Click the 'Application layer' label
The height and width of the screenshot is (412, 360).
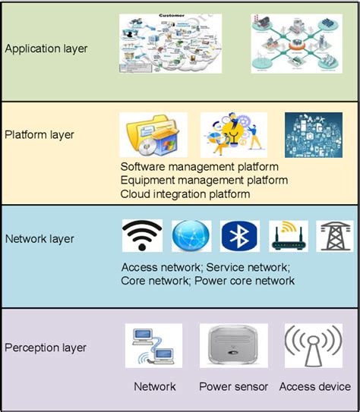(46, 49)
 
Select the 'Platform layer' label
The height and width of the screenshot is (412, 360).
(39, 135)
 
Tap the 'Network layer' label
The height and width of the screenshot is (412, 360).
(39, 239)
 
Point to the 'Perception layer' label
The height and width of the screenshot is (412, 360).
(46, 348)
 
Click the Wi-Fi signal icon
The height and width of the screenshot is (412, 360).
(141, 236)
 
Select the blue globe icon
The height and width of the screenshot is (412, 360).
(191, 236)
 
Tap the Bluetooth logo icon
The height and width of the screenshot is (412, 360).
(239, 236)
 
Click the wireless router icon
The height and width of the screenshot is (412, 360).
(289, 236)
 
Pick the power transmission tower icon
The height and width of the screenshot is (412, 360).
(334, 236)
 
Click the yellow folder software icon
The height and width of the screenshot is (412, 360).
(153, 135)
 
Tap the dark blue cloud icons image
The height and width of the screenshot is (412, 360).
(313, 135)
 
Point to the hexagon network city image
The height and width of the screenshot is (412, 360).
(292, 43)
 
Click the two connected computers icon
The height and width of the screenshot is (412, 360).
(154, 346)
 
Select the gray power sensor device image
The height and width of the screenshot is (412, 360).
(232, 346)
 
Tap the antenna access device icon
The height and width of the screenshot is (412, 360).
(312, 346)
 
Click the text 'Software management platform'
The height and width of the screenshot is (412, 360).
(200, 166)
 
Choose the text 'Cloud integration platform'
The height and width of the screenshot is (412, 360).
(185, 194)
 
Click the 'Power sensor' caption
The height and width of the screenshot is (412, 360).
(233, 387)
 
